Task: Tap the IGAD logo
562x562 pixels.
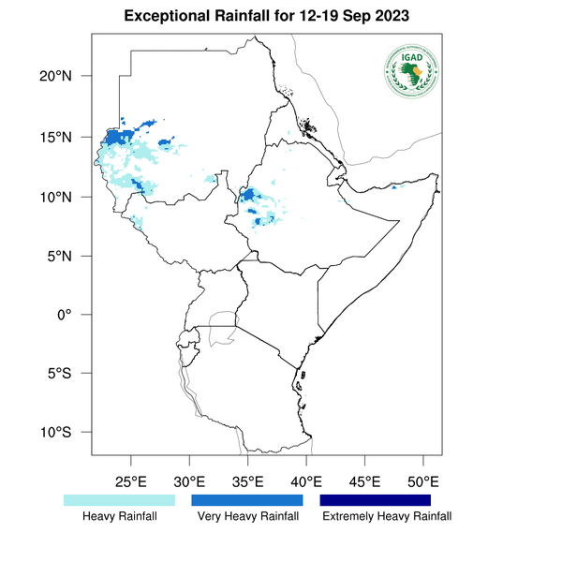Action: (413, 71)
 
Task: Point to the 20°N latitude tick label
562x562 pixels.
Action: (68, 77)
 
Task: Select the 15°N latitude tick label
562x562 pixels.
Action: (68, 138)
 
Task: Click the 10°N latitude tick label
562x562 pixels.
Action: (68, 197)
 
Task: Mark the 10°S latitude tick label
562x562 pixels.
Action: (68, 433)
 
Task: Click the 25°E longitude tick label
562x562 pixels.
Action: (131, 481)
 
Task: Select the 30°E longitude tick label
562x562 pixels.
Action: (189, 481)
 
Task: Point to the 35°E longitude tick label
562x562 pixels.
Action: (248, 481)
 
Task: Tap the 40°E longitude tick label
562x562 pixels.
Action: (306, 481)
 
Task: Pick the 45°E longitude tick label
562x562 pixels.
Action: (365, 481)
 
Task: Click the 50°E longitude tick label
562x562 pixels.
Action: (423, 481)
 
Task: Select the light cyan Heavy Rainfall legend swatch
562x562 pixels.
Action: (119, 500)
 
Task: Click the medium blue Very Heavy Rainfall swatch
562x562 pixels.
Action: (247, 500)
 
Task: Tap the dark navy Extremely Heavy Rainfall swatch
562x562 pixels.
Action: (376, 500)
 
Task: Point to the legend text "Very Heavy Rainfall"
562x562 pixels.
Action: (248, 517)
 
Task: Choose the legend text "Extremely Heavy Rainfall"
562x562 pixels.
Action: (386, 517)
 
